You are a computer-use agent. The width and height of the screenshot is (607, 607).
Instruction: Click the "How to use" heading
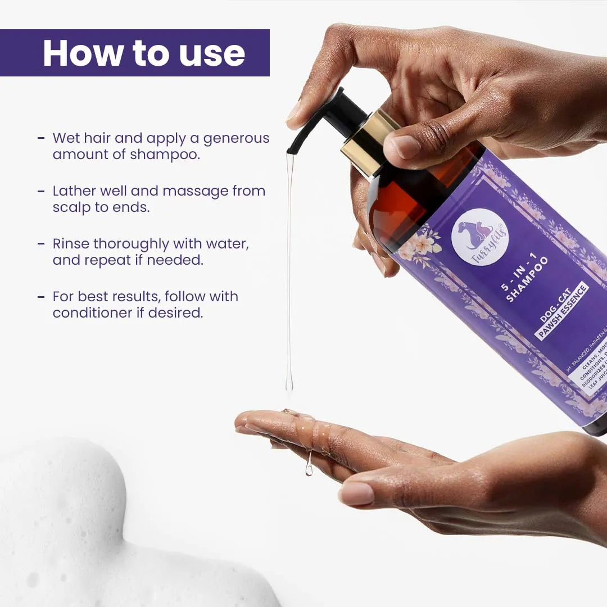click(x=144, y=53)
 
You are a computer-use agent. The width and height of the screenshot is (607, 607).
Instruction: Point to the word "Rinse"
click(x=71, y=244)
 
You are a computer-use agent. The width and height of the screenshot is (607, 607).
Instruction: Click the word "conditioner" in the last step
click(x=90, y=313)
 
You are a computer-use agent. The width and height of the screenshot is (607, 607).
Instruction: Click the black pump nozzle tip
click(x=291, y=150)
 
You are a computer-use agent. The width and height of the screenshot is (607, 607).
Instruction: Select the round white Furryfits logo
click(x=479, y=237)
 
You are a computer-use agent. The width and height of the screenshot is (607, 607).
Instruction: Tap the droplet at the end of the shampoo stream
click(x=289, y=385)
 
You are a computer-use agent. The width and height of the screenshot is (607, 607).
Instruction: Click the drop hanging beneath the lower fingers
click(x=309, y=470)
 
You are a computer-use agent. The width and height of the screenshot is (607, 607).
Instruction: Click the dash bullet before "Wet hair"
click(x=41, y=138)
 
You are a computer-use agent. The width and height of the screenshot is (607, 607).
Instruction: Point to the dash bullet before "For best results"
click(x=41, y=297)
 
